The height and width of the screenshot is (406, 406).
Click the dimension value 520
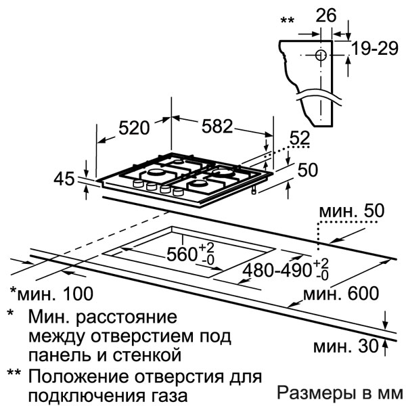click(x=134, y=127)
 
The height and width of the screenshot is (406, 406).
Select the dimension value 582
click(x=217, y=126)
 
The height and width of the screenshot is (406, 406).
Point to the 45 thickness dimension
click(x=64, y=179)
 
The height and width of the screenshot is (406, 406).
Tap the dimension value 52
click(x=300, y=138)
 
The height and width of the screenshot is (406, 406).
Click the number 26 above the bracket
click(x=326, y=16)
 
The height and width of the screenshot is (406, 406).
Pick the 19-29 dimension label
click(x=375, y=48)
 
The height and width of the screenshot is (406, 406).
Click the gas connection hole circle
click(x=321, y=55)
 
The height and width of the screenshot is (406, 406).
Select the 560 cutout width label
click(x=190, y=254)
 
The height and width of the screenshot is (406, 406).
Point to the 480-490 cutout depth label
click(x=286, y=270)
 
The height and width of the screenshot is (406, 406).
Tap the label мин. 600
click(x=341, y=294)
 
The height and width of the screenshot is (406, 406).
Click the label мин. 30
click(x=346, y=346)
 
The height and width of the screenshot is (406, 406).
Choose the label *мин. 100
click(x=51, y=294)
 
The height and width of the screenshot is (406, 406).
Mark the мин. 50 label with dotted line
click(x=352, y=211)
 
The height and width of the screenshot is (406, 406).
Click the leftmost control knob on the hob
click(x=138, y=183)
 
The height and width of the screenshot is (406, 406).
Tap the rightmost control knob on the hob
click(x=178, y=192)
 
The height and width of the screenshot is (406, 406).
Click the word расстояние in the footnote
click(x=127, y=317)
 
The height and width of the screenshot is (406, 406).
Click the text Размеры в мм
click(x=340, y=393)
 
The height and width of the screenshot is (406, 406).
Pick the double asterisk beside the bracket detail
click(x=288, y=20)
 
